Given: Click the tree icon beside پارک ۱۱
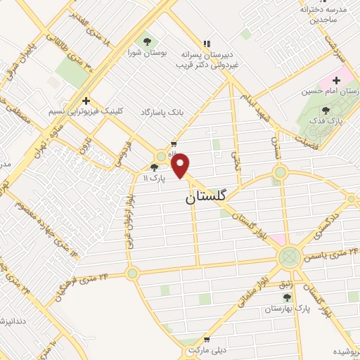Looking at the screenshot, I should (x=154, y=167).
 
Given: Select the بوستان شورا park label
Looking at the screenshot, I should (x=146, y=52).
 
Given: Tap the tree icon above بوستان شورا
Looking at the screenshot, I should (x=146, y=39).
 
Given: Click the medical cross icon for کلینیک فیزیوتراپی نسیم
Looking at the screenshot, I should (x=85, y=100).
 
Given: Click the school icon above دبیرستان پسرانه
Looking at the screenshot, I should (x=206, y=41).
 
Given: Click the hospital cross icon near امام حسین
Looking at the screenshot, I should (x=336, y=79).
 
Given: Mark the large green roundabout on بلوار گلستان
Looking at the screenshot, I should (x=288, y=257).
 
